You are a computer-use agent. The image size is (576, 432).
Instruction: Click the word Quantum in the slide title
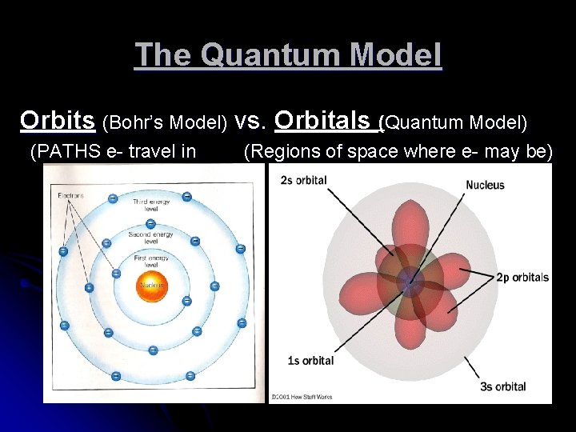click(x=260, y=55)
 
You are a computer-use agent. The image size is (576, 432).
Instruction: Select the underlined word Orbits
click(x=57, y=120)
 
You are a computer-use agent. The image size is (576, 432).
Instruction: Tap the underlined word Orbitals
click(x=325, y=120)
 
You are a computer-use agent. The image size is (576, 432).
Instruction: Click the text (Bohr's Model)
click(x=165, y=122)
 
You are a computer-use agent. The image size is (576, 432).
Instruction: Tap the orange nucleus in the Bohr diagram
click(x=151, y=286)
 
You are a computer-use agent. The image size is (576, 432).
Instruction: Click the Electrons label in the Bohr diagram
click(x=71, y=195)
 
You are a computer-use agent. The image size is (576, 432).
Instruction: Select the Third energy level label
click(x=150, y=206)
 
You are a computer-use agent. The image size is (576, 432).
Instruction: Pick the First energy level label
click(x=150, y=262)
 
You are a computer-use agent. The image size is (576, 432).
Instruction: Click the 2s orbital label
click(x=303, y=180)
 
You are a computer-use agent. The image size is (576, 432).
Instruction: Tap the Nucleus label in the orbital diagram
click(x=485, y=185)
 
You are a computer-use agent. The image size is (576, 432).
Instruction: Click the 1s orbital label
click(x=310, y=361)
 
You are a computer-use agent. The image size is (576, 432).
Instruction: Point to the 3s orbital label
click(x=502, y=386)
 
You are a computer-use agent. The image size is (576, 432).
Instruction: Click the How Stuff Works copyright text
click(x=302, y=397)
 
